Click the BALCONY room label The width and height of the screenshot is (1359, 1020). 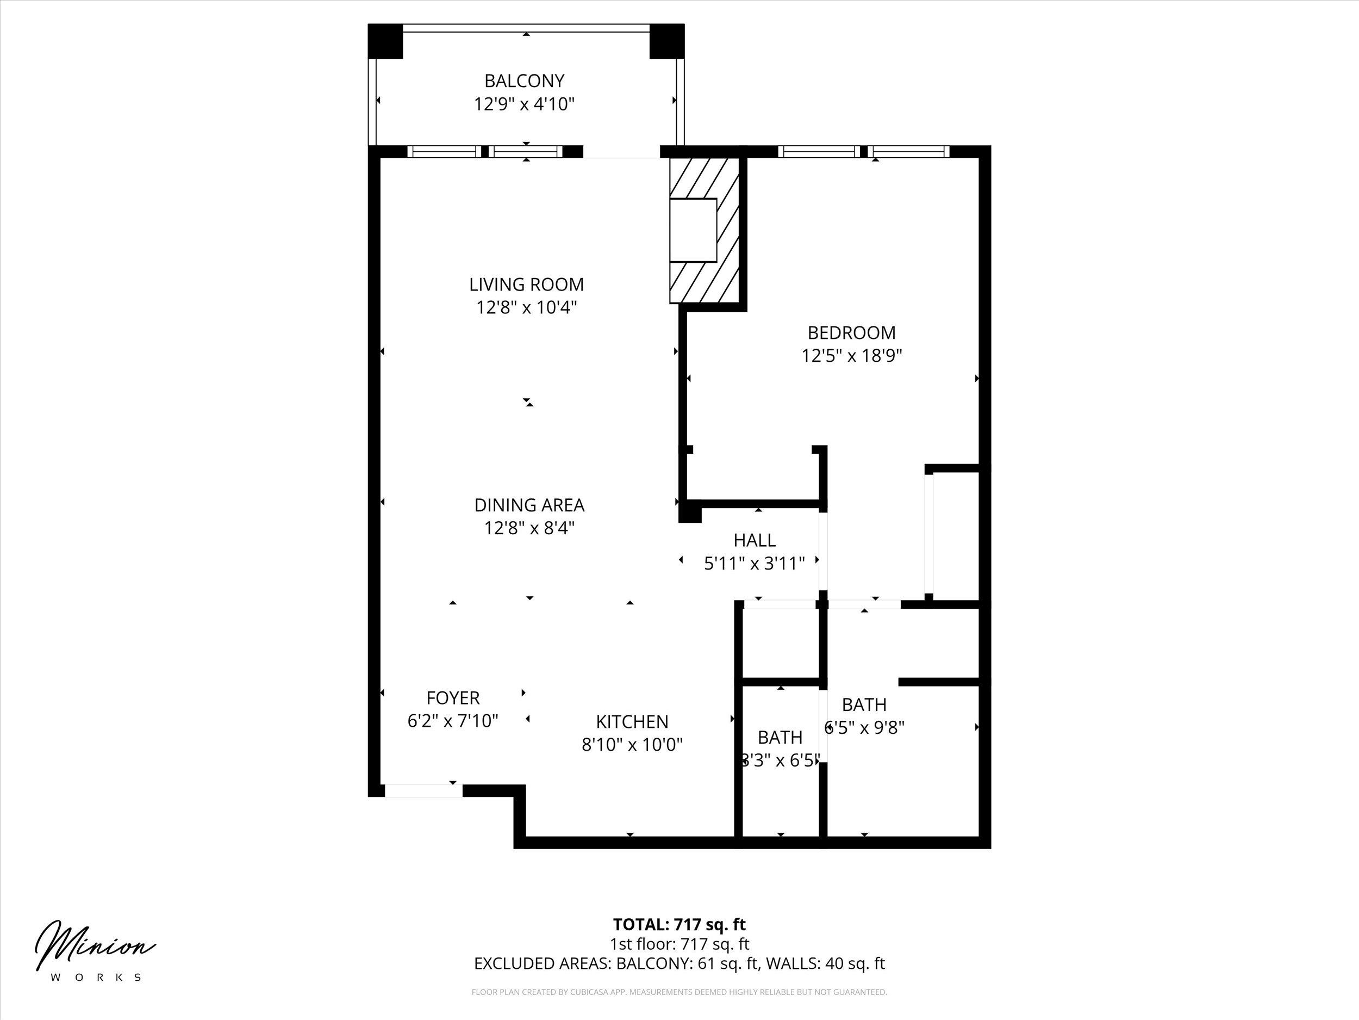point(524,81)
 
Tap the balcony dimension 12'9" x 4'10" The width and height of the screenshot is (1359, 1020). point(524,104)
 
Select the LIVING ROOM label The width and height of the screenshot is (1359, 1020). point(527,285)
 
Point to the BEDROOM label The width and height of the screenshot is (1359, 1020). point(851,332)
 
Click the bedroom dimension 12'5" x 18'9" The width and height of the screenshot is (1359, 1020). point(851,355)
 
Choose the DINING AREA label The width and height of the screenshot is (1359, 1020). point(529,505)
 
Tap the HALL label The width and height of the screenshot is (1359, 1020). point(755,540)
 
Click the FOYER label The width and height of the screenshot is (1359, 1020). point(453,698)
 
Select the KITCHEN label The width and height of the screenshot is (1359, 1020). point(632,721)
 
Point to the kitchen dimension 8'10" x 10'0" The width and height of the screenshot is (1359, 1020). point(632,745)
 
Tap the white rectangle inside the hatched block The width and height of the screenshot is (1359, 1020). point(693,231)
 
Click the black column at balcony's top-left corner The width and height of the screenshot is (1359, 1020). point(385,41)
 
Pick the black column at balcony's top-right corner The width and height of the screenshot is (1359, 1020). point(667,41)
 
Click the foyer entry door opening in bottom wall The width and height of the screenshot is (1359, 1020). point(423,790)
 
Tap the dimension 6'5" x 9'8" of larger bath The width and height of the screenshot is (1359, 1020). point(864,727)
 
